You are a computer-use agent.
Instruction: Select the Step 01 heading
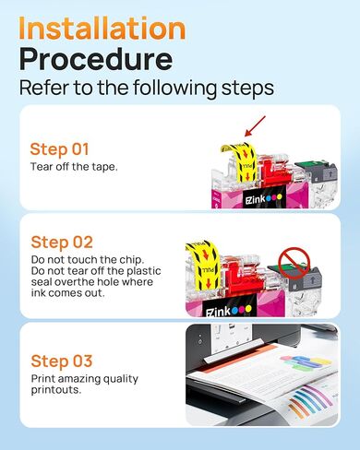coord(61,149)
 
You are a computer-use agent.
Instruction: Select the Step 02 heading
coord(62,243)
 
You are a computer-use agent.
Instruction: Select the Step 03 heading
coord(62,361)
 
